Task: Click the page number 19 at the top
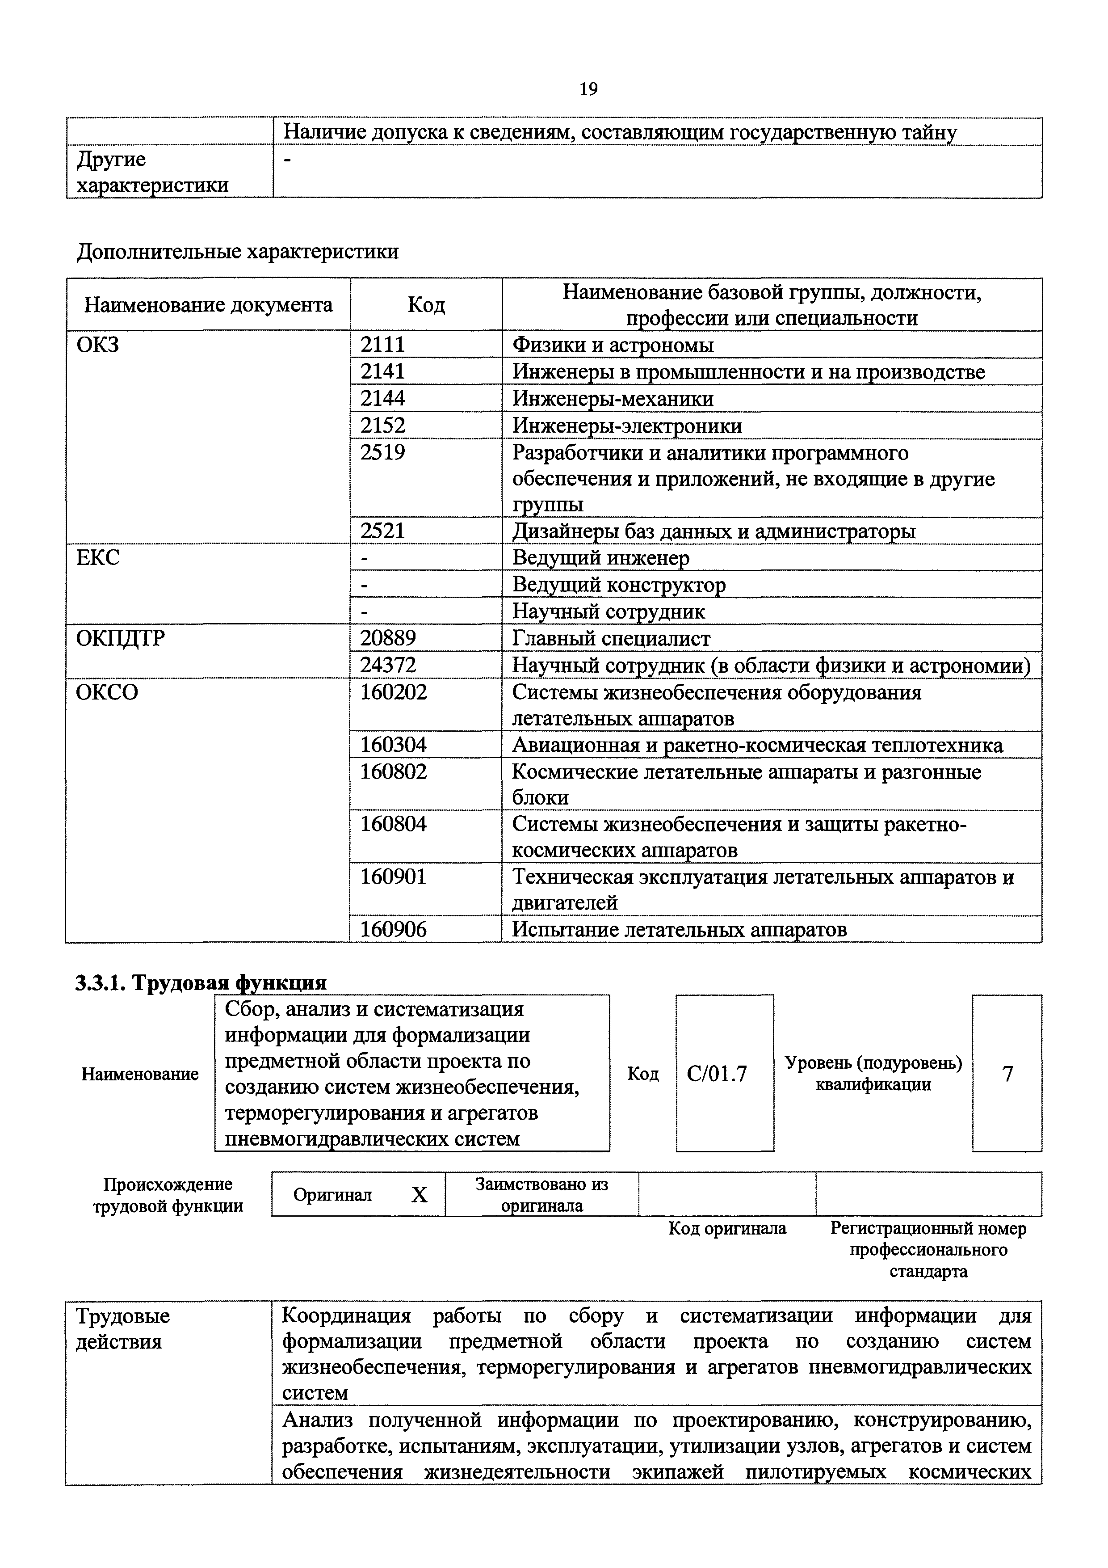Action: point(588,89)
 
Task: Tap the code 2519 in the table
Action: point(382,452)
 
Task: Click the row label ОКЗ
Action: point(98,345)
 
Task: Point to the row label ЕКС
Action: point(98,558)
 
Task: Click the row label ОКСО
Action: point(107,692)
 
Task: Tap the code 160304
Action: point(393,745)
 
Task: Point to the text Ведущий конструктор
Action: point(619,585)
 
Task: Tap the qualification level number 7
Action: point(1007,1074)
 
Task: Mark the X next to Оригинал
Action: point(419,1194)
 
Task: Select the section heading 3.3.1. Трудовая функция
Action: point(201,982)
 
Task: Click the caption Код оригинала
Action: point(727,1229)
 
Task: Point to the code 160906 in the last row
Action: point(393,929)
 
